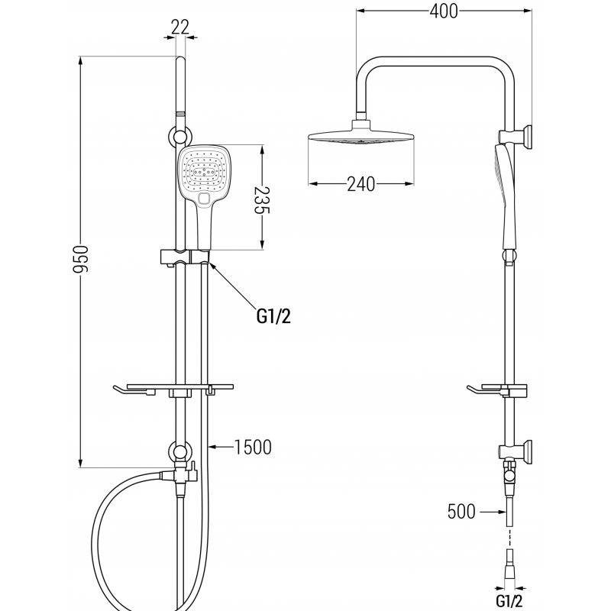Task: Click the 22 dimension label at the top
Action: (180, 27)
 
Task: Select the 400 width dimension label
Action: (444, 11)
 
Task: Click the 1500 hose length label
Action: (254, 448)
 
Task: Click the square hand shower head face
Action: (202, 173)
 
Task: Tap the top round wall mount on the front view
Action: (180, 137)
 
